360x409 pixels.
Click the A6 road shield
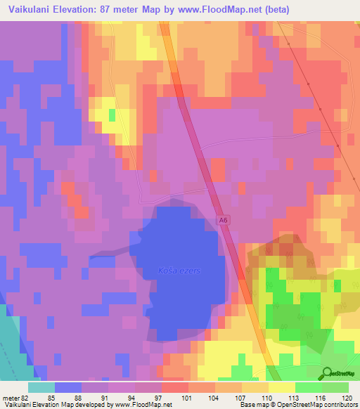pos(223,220)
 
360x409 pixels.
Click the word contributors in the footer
pos(338,405)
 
